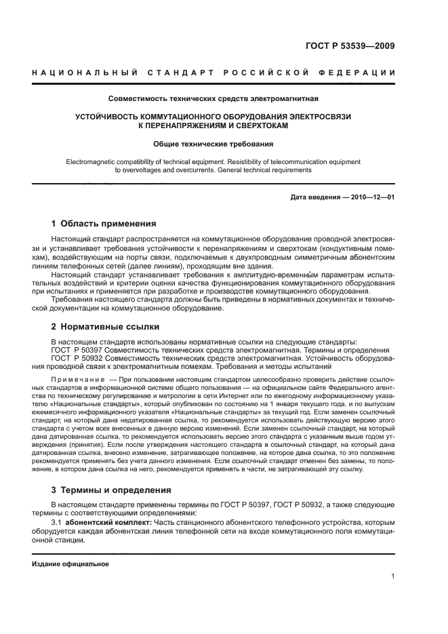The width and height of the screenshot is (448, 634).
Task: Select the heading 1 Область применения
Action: pyautogui.click(x=104, y=223)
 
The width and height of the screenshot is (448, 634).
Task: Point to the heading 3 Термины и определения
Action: pyautogui.click(x=111, y=490)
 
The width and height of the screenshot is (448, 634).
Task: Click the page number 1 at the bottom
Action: pyautogui.click(x=393, y=576)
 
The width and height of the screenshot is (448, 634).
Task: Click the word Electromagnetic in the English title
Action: pyautogui.click(x=92, y=162)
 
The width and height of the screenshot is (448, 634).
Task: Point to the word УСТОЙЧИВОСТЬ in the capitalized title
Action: pyautogui.click(x=107, y=117)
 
